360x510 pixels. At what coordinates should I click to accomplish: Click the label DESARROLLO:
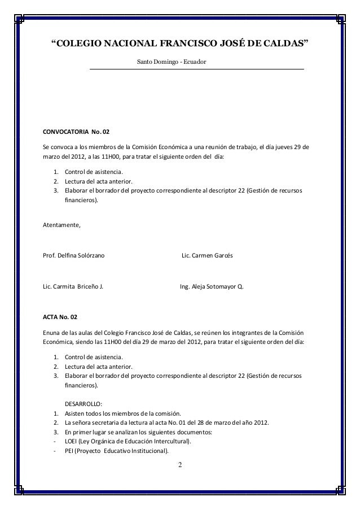tap(84, 404)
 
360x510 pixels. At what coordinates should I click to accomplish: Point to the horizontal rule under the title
tap(196, 68)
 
